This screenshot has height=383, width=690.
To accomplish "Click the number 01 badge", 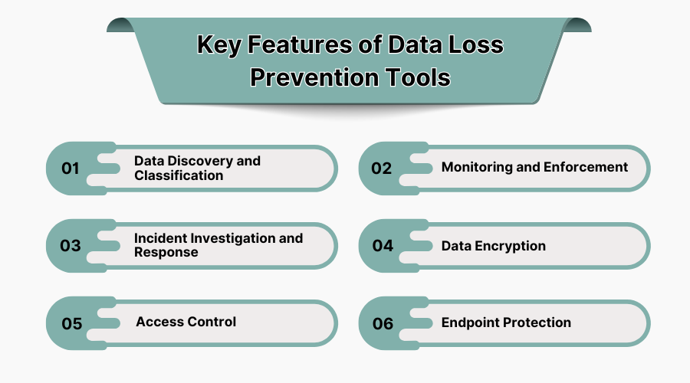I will coord(71,169).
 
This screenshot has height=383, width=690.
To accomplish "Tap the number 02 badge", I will coord(382,169).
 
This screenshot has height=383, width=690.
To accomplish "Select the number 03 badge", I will coord(71,246).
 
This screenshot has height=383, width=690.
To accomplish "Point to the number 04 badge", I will coord(383,246).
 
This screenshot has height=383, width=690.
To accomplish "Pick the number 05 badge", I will coord(71,323).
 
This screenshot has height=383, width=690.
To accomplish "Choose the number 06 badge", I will coord(383,323).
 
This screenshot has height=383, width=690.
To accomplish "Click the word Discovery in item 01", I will coord(195,161).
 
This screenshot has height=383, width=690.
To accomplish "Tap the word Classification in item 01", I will coord(179,175).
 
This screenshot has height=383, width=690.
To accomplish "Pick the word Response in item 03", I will coord(166,253).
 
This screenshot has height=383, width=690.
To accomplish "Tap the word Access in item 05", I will coord(159,322).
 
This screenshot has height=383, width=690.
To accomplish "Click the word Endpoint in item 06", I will coord(470,322).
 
